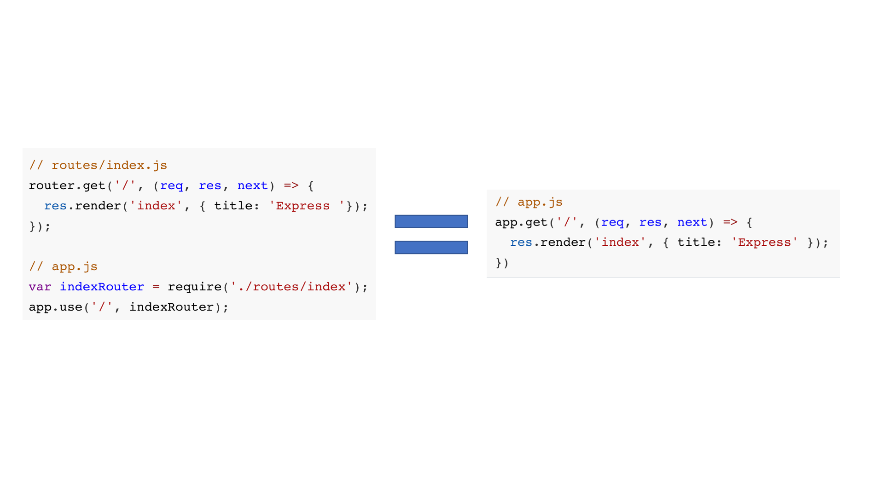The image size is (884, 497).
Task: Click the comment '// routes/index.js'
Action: coord(98,165)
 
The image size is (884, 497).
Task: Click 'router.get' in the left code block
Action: coord(67,185)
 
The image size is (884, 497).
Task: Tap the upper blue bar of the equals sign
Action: coord(431,221)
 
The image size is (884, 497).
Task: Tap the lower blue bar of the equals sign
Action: coord(431,248)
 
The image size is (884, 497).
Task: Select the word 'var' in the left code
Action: coord(40,287)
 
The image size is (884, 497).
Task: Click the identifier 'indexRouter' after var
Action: coord(102,287)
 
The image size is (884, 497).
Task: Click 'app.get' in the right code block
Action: coord(521,222)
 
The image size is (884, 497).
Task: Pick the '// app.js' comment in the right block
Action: coord(529,202)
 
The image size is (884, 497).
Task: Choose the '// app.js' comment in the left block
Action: coord(63,266)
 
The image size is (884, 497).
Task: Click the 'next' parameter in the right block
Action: coord(692,222)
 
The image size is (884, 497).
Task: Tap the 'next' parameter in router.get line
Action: coord(252,185)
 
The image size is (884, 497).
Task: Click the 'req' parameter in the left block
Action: coord(171,185)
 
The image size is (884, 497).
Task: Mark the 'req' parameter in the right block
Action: coord(612,222)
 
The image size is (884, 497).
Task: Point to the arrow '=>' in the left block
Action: coord(291,185)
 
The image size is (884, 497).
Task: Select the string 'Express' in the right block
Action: coord(764,243)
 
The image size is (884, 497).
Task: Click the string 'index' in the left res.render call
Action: coord(156,206)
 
